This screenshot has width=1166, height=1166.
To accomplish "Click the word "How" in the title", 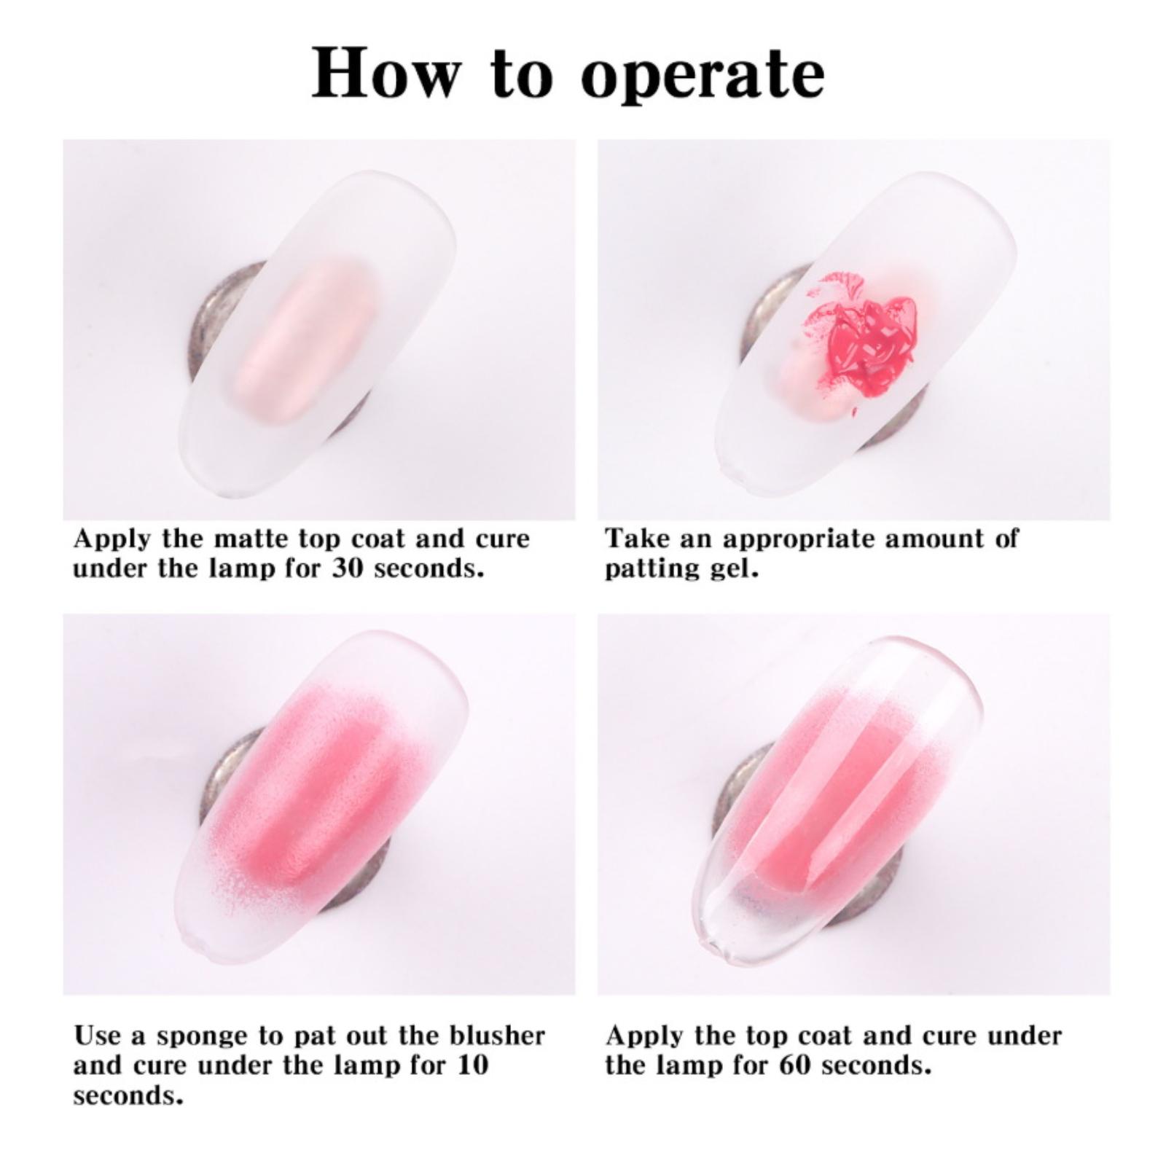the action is coord(386,73).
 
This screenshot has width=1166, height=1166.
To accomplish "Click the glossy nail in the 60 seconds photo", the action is coord(838,794).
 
